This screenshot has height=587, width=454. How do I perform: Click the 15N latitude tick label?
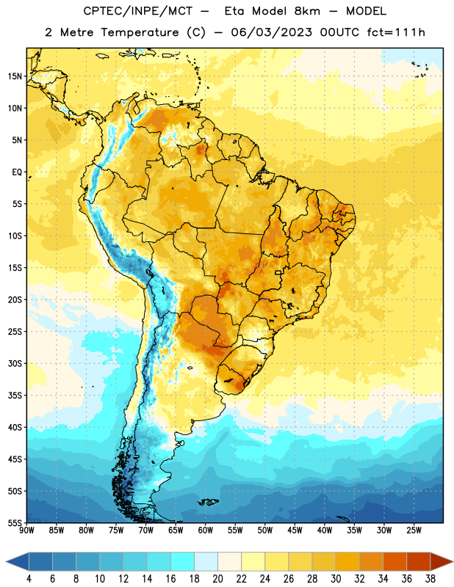(15, 76)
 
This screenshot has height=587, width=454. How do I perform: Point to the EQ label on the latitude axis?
(17, 172)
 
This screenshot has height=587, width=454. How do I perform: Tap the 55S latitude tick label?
(15, 522)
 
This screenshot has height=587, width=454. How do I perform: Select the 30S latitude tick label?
(15, 363)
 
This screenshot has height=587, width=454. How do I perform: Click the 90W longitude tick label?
(26, 531)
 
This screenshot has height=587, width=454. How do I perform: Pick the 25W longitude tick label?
(414, 531)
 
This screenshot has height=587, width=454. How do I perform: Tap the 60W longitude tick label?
(206, 531)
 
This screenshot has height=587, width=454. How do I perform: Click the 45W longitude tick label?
(295, 531)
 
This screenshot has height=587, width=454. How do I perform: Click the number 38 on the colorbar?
(430, 579)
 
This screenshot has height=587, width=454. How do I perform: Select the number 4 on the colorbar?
(29, 579)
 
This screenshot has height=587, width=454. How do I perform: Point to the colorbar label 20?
(217, 579)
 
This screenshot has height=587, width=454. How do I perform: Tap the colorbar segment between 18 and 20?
(206, 562)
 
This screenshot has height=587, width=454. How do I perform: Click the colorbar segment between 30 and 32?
(348, 562)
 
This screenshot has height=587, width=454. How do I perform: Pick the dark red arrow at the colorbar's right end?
(441, 562)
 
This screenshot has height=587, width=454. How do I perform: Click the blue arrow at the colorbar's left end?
(18, 562)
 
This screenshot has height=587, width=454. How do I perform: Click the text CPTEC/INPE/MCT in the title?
(137, 11)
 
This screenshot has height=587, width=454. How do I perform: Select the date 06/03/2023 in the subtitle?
(271, 32)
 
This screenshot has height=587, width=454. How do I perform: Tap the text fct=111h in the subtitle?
(396, 32)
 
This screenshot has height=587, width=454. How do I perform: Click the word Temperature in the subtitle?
(140, 32)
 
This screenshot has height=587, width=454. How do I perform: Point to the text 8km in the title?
(307, 11)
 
